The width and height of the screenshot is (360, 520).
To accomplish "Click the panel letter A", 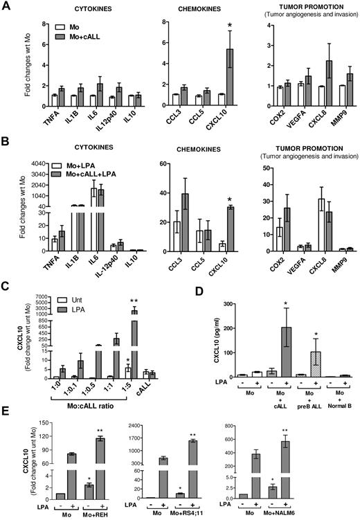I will [6, 6].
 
